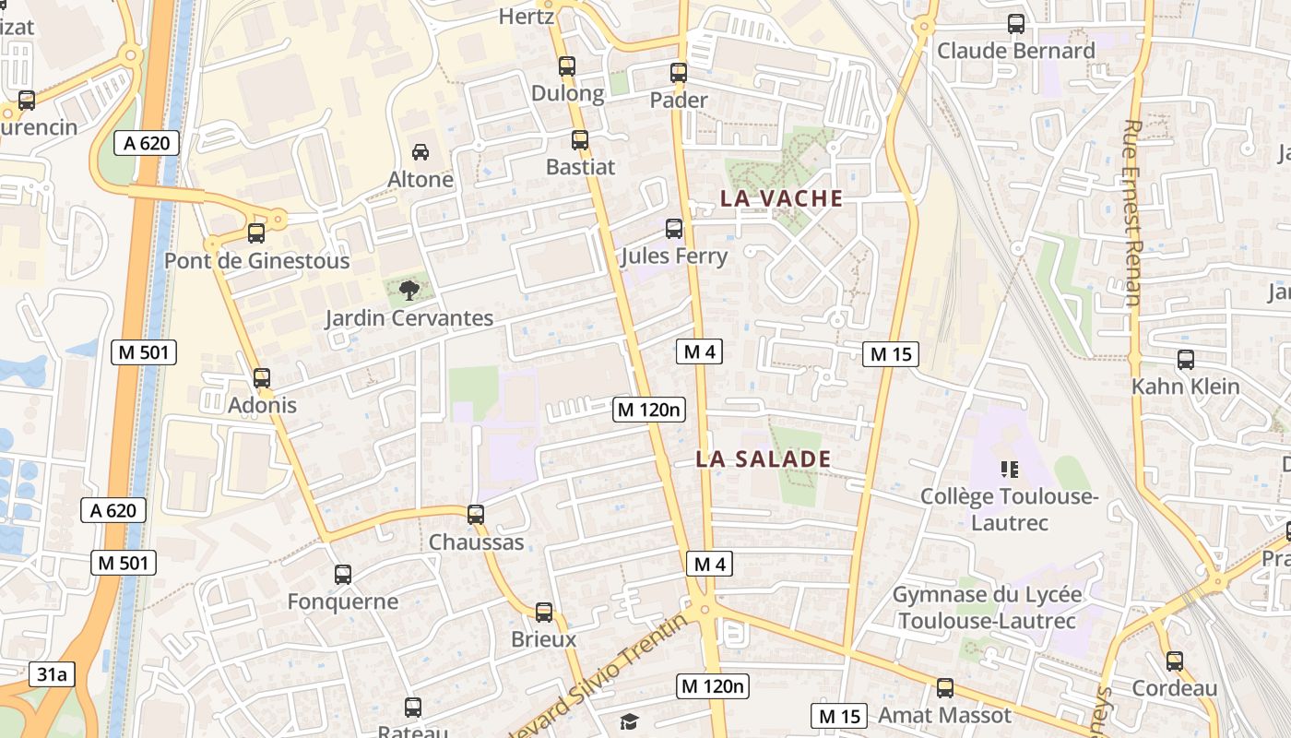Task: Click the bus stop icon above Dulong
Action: coord(567,66)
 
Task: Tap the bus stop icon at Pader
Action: coord(679,72)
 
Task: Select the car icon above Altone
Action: coord(420,152)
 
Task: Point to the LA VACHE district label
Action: coord(781,198)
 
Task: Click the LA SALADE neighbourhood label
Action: coord(764,459)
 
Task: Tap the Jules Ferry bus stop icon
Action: coord(674,229)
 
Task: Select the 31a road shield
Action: coord(53,674)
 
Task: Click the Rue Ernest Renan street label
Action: coord(1133,212)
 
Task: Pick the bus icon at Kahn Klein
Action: coord(1186,360)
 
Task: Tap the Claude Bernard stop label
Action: coord(1015,51)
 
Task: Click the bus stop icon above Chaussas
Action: coord(476,515)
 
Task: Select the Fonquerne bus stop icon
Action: coord(343,575)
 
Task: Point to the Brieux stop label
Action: coord(544,639)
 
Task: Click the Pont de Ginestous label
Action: coord(257,261)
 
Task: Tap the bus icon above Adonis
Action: coord(262,378)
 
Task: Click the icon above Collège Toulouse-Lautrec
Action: coord(1009,470)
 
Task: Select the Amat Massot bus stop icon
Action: coord(945,688)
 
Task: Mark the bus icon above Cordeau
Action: coord(1174,661)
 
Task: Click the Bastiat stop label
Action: coord(580,167)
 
